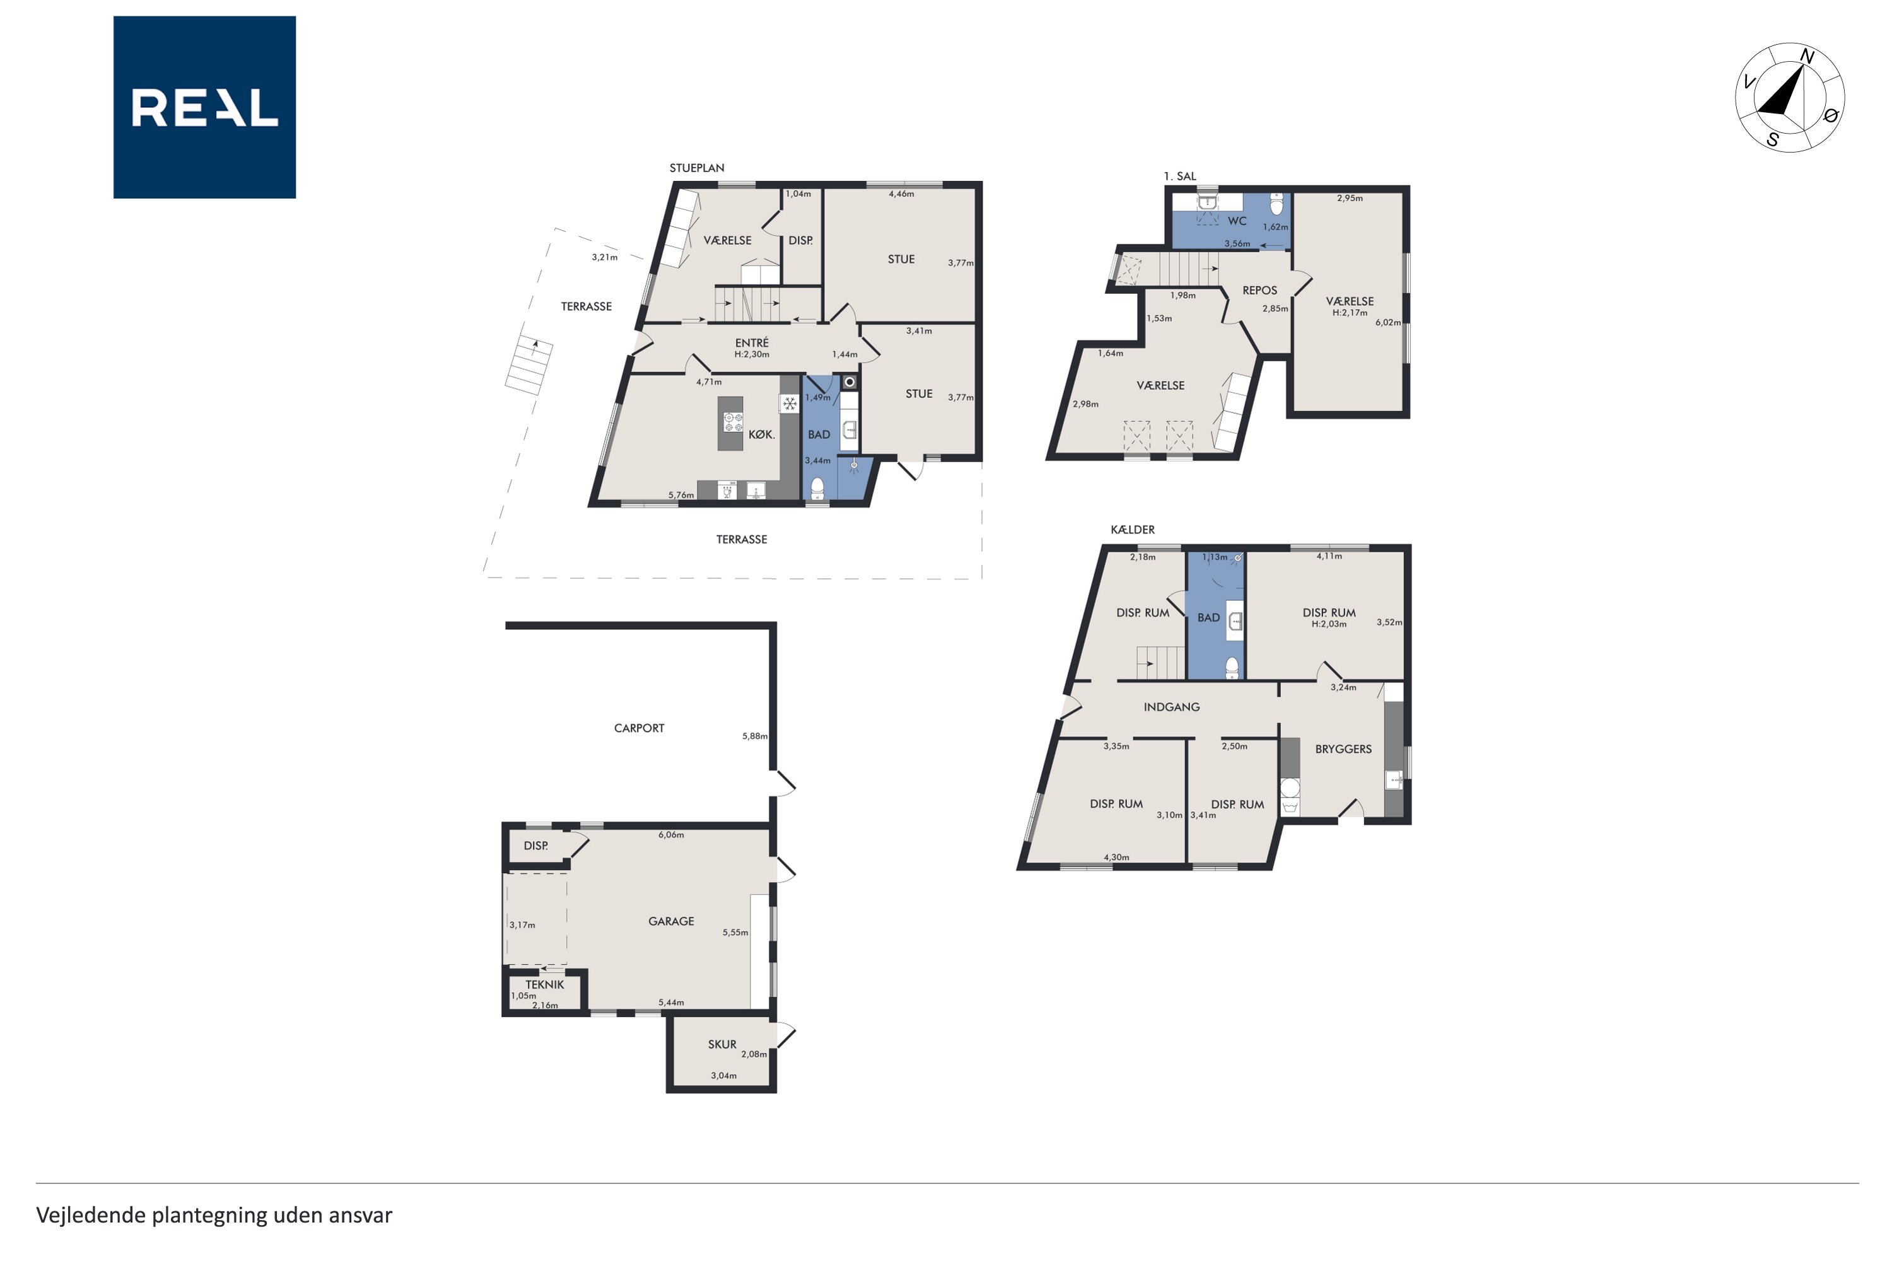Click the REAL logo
(204, 107)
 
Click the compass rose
(1790, 97)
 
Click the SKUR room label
(721, 1045)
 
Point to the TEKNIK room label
(545, 984)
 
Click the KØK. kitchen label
(761, 434)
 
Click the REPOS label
(1259, 290)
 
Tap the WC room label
(1237, 221)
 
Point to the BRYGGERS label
(1343, 749)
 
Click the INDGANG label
(1171, 707)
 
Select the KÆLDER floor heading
(1133, 529)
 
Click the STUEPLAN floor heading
(697, 168)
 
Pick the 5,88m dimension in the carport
(754, 736)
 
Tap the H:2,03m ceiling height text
(1329, 624)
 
